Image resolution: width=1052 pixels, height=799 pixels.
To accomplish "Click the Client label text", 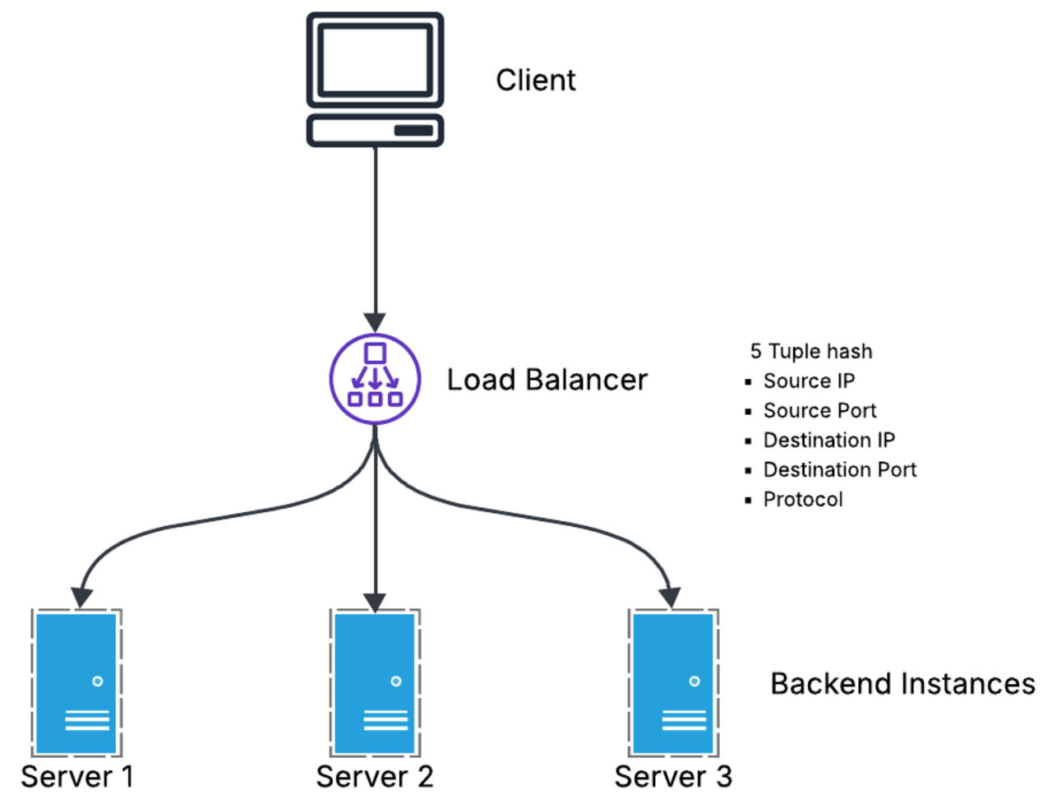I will point(535,80).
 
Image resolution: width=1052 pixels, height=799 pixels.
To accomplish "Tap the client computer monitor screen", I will point(375,59).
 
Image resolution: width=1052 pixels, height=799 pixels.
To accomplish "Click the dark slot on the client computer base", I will point(413,131).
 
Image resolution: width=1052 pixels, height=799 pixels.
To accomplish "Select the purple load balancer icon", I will point(375,379).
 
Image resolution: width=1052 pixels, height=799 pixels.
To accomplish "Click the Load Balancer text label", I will point(547,380).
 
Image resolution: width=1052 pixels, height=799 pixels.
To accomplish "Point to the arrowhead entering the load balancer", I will point(375,322).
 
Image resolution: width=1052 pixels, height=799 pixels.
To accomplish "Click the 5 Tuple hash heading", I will point(810,351).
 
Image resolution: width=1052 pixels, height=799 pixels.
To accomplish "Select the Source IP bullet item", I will point(809,381).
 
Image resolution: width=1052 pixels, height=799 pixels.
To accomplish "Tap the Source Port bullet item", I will point(819,410).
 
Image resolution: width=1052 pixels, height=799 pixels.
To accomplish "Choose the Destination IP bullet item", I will point(828,440).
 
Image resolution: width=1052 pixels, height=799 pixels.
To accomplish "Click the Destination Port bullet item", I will point(839,469).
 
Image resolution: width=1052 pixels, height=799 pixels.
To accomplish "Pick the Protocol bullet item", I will point(803,499).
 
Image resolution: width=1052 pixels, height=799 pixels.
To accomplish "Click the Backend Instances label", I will point(902,683).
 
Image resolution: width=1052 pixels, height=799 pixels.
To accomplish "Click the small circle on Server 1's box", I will point(98,681).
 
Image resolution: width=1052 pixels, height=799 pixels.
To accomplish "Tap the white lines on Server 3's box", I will point(684,721).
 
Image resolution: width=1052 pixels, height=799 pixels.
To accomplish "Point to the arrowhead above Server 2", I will point(375,603).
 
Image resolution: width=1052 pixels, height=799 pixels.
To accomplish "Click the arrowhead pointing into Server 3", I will point(671,598).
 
